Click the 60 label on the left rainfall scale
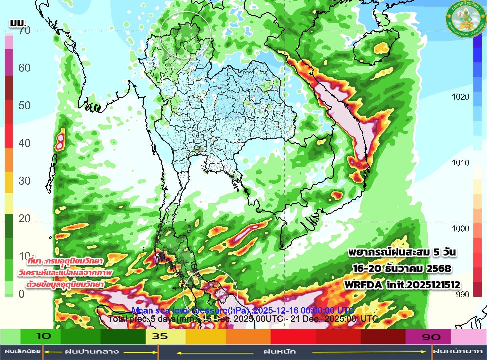click(24, 68)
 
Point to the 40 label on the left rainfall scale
click(24, 143)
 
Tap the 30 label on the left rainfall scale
click(24, 181)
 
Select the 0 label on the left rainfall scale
click(21, 294)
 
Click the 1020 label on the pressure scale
click(460, 97)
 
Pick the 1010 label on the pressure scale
click(460, 163)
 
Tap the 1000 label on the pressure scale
click(460, 229)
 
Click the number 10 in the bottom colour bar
click(43, 336)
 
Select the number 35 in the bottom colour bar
click(160, 336)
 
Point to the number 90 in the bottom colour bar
click(431, 337)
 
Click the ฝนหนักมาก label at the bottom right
click(458, 351)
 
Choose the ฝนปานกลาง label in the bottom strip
click(92, 351)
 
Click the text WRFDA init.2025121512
click(402, 285)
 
